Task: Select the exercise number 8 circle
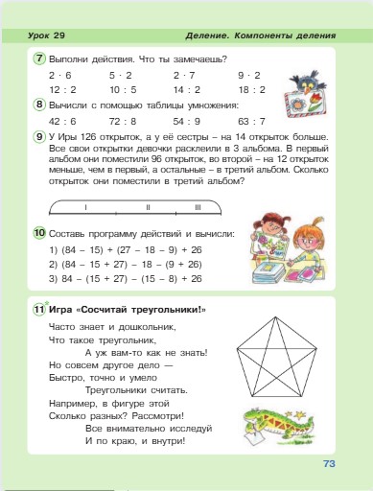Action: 38,105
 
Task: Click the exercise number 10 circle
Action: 38,233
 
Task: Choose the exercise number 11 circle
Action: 38,309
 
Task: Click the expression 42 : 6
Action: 60,122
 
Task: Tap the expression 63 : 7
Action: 251,122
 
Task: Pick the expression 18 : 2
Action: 248,88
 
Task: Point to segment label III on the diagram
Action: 197,207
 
